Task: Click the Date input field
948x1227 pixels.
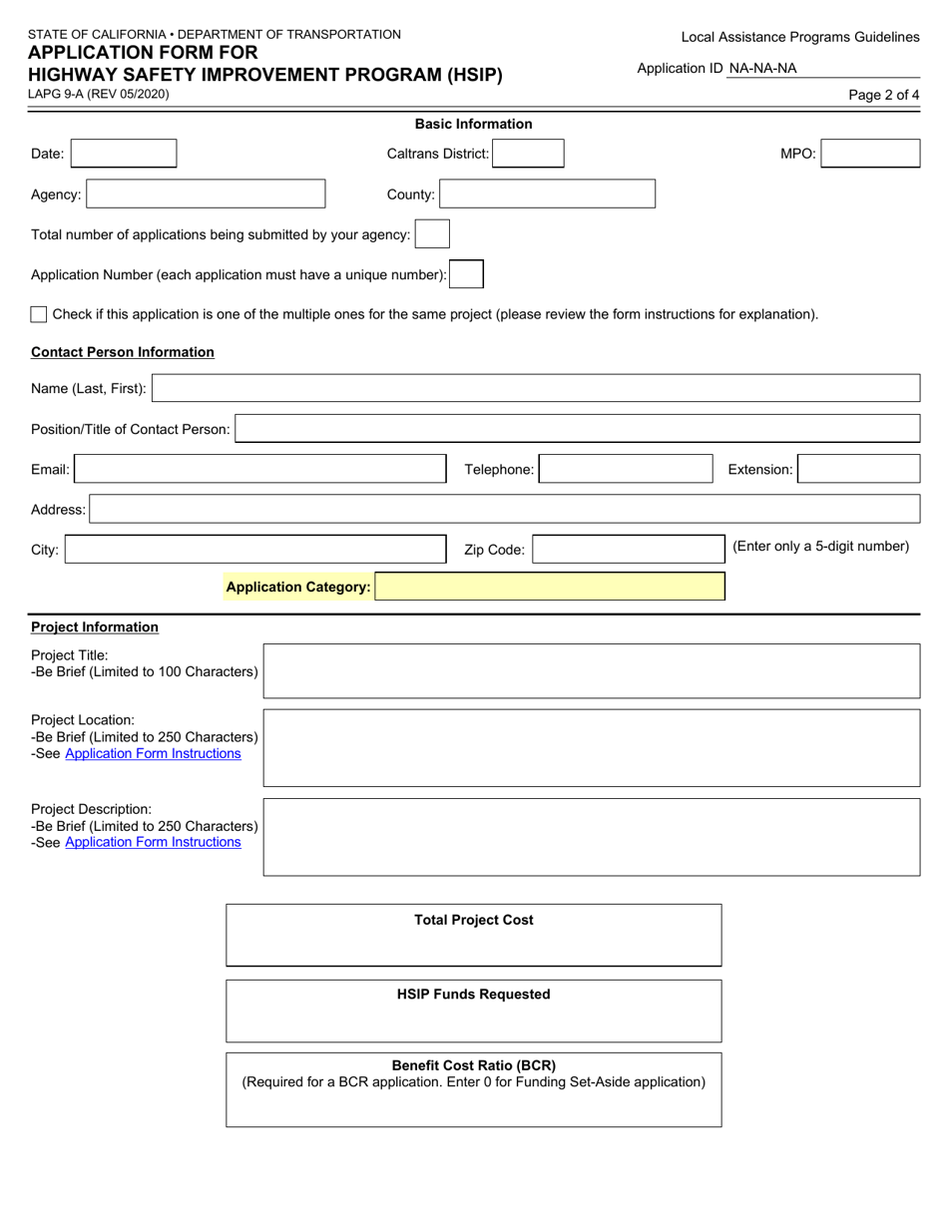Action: pyautogui.click(x=124, y=154)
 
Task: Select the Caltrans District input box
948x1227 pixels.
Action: pyautogui.click(x=528, y=154)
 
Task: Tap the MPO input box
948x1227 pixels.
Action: pyautogui.click(x=870, y=154)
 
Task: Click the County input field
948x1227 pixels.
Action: pyautogui.click(x=547, y=195)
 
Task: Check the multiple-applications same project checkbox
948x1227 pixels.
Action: pyautogui.click(x=39, y=314)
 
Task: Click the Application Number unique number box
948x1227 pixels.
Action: pyautogui.click(x=466, y=274)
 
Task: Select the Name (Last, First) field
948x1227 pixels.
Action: pyautogui.click(x=535, y=388)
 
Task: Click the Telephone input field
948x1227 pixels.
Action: pyautogui.click(x=626, y=469)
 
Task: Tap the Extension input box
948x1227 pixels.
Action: pyautogui.click(x=859, y=469)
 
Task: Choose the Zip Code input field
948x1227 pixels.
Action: pyautogui.click(x=627, y=550)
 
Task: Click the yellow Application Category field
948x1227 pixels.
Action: pyautogui.click(x=550, y=587)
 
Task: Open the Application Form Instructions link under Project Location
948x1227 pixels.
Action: pyautogui.click(x=153, y=754)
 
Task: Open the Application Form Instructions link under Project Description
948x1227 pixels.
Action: pyautogui.click(x=153, y=842)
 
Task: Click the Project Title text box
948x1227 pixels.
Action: pyautogui.click(x=591, y=671)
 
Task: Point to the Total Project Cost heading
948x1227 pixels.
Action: pyautogui.click(x=474, y=920)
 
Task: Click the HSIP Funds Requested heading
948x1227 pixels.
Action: pyautogui.click(x=474, y=995)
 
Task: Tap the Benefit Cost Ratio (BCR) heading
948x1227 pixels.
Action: pyautogui.click(x=474, y=1065)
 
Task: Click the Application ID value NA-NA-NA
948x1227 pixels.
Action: pyautogui.click(x=763, y=69)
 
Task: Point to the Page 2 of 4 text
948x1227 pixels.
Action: pyautogui.click(x=883, y=96)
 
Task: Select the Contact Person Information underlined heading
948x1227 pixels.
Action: pyautogui.click(x=123, y=352)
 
